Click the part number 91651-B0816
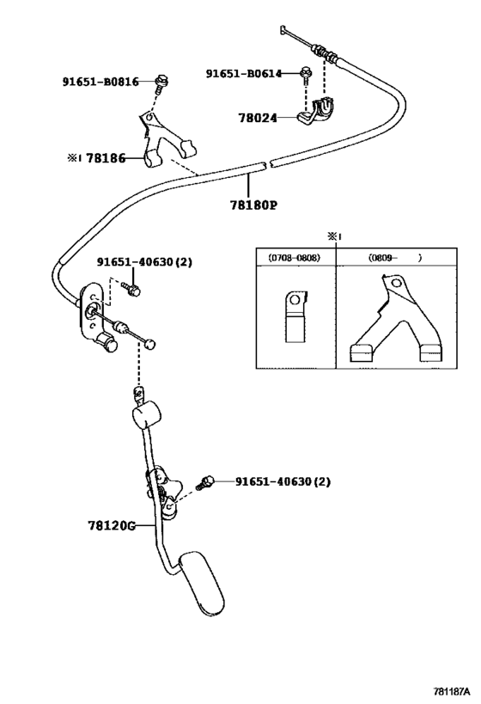pyautogui.click(x=100, y=82)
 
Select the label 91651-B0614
pyautogui.click(x=244, y=73)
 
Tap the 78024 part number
pyautogui.click(x=258, y=118)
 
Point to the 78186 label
pyautogui.click(x=106, y=158)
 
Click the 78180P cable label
pyautogui.click(x=254, y=205)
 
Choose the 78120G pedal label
pyautogui.click(x=112, y=525)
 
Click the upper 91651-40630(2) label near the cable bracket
pyautogui.click(x=144, y=262)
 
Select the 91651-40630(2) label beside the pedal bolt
pyautogui.click(x=283, y=481)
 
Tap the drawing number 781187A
pyautogui.click(x=451, y=690)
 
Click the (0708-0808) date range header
pyautogui.click(x=295, y=258)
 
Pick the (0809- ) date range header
pyautogui.click(x=395, y=258)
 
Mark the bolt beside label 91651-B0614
pyautogui.click(x=306, y=76)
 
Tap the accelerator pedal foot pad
pyautogui.click(x=202, y=583)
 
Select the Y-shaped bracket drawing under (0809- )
pyautogui.click(x=395, y=319)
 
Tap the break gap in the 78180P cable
pyautogui.click(x=269, y=164)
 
